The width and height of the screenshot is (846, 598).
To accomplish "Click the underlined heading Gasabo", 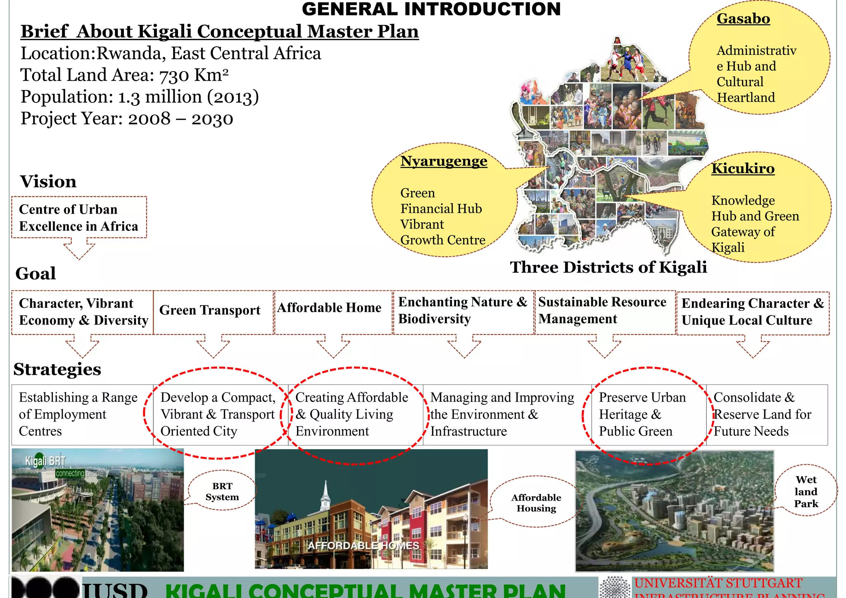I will pyautogui.click(x=743, y=19).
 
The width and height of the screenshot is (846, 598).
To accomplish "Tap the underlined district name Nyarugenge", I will pyautogui.click(x=444, y=161).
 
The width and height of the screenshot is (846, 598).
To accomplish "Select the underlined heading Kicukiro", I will pyautogui.click(x=743, y=169).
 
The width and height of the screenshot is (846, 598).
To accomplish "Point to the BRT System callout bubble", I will pyautogui.click(x=222, y=491).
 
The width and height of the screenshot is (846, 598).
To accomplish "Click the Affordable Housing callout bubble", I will pyautogui.click(x=536, y=503).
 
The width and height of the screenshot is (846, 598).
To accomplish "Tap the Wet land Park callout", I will pyautogui.click(x=806, y=491).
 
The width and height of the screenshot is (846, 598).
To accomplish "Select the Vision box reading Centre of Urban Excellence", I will pyautogui.click(x=79, y=217).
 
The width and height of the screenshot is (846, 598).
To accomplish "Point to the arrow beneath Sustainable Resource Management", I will pyautogui.click(x=604, y=347).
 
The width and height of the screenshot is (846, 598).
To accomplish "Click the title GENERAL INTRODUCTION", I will pyautogui.click(x=431, y=9).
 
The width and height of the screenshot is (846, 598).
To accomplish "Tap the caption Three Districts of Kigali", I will pyautogui.click(x=608, y=267).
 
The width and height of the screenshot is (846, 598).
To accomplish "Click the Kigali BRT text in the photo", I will pyautogui.click(x=45, y=461).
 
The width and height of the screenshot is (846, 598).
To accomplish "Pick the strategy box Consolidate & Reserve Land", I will pyautogui.click(x=767, y=414).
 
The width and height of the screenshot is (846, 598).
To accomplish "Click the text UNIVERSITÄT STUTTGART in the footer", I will pyautogui.click(x=718, y=583).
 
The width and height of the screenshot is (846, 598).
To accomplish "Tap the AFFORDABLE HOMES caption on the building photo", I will pyautogui.click(x=364, y=546).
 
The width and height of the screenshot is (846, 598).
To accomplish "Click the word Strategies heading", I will pyautogui.click(x=57, y=369).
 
